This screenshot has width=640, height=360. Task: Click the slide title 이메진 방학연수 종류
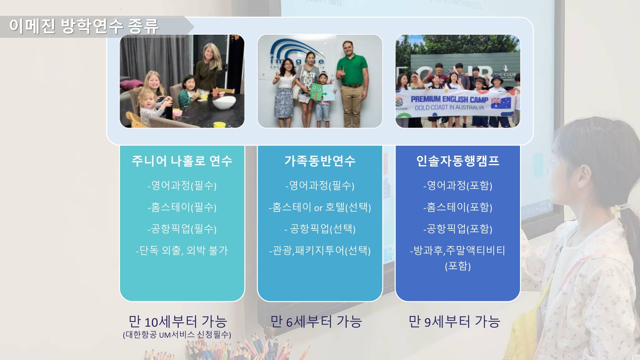point(84,26)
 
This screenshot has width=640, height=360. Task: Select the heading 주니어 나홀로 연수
point(182,161)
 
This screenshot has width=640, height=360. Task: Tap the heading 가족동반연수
point(320,161)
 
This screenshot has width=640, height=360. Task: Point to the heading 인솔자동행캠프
point(458,161)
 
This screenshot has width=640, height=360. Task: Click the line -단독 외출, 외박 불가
point(182,250)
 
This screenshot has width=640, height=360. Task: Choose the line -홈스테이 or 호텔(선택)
point(320,207)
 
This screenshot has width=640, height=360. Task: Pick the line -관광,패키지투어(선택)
point(320,250)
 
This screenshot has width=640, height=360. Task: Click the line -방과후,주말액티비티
point(458,250)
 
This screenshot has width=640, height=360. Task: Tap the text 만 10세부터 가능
point(178,322)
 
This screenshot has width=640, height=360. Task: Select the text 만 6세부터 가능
point(316,322)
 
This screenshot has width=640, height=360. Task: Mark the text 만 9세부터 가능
point(454,322)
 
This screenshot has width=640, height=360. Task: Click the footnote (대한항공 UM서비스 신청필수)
point(177,335)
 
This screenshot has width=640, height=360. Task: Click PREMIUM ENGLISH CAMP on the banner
point(449,99)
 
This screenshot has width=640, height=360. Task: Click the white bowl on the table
point(224,102)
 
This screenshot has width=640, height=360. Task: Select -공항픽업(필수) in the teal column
point(182,229)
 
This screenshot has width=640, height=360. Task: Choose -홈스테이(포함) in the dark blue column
point(458,207)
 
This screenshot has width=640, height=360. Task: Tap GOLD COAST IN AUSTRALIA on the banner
point(449,107)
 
